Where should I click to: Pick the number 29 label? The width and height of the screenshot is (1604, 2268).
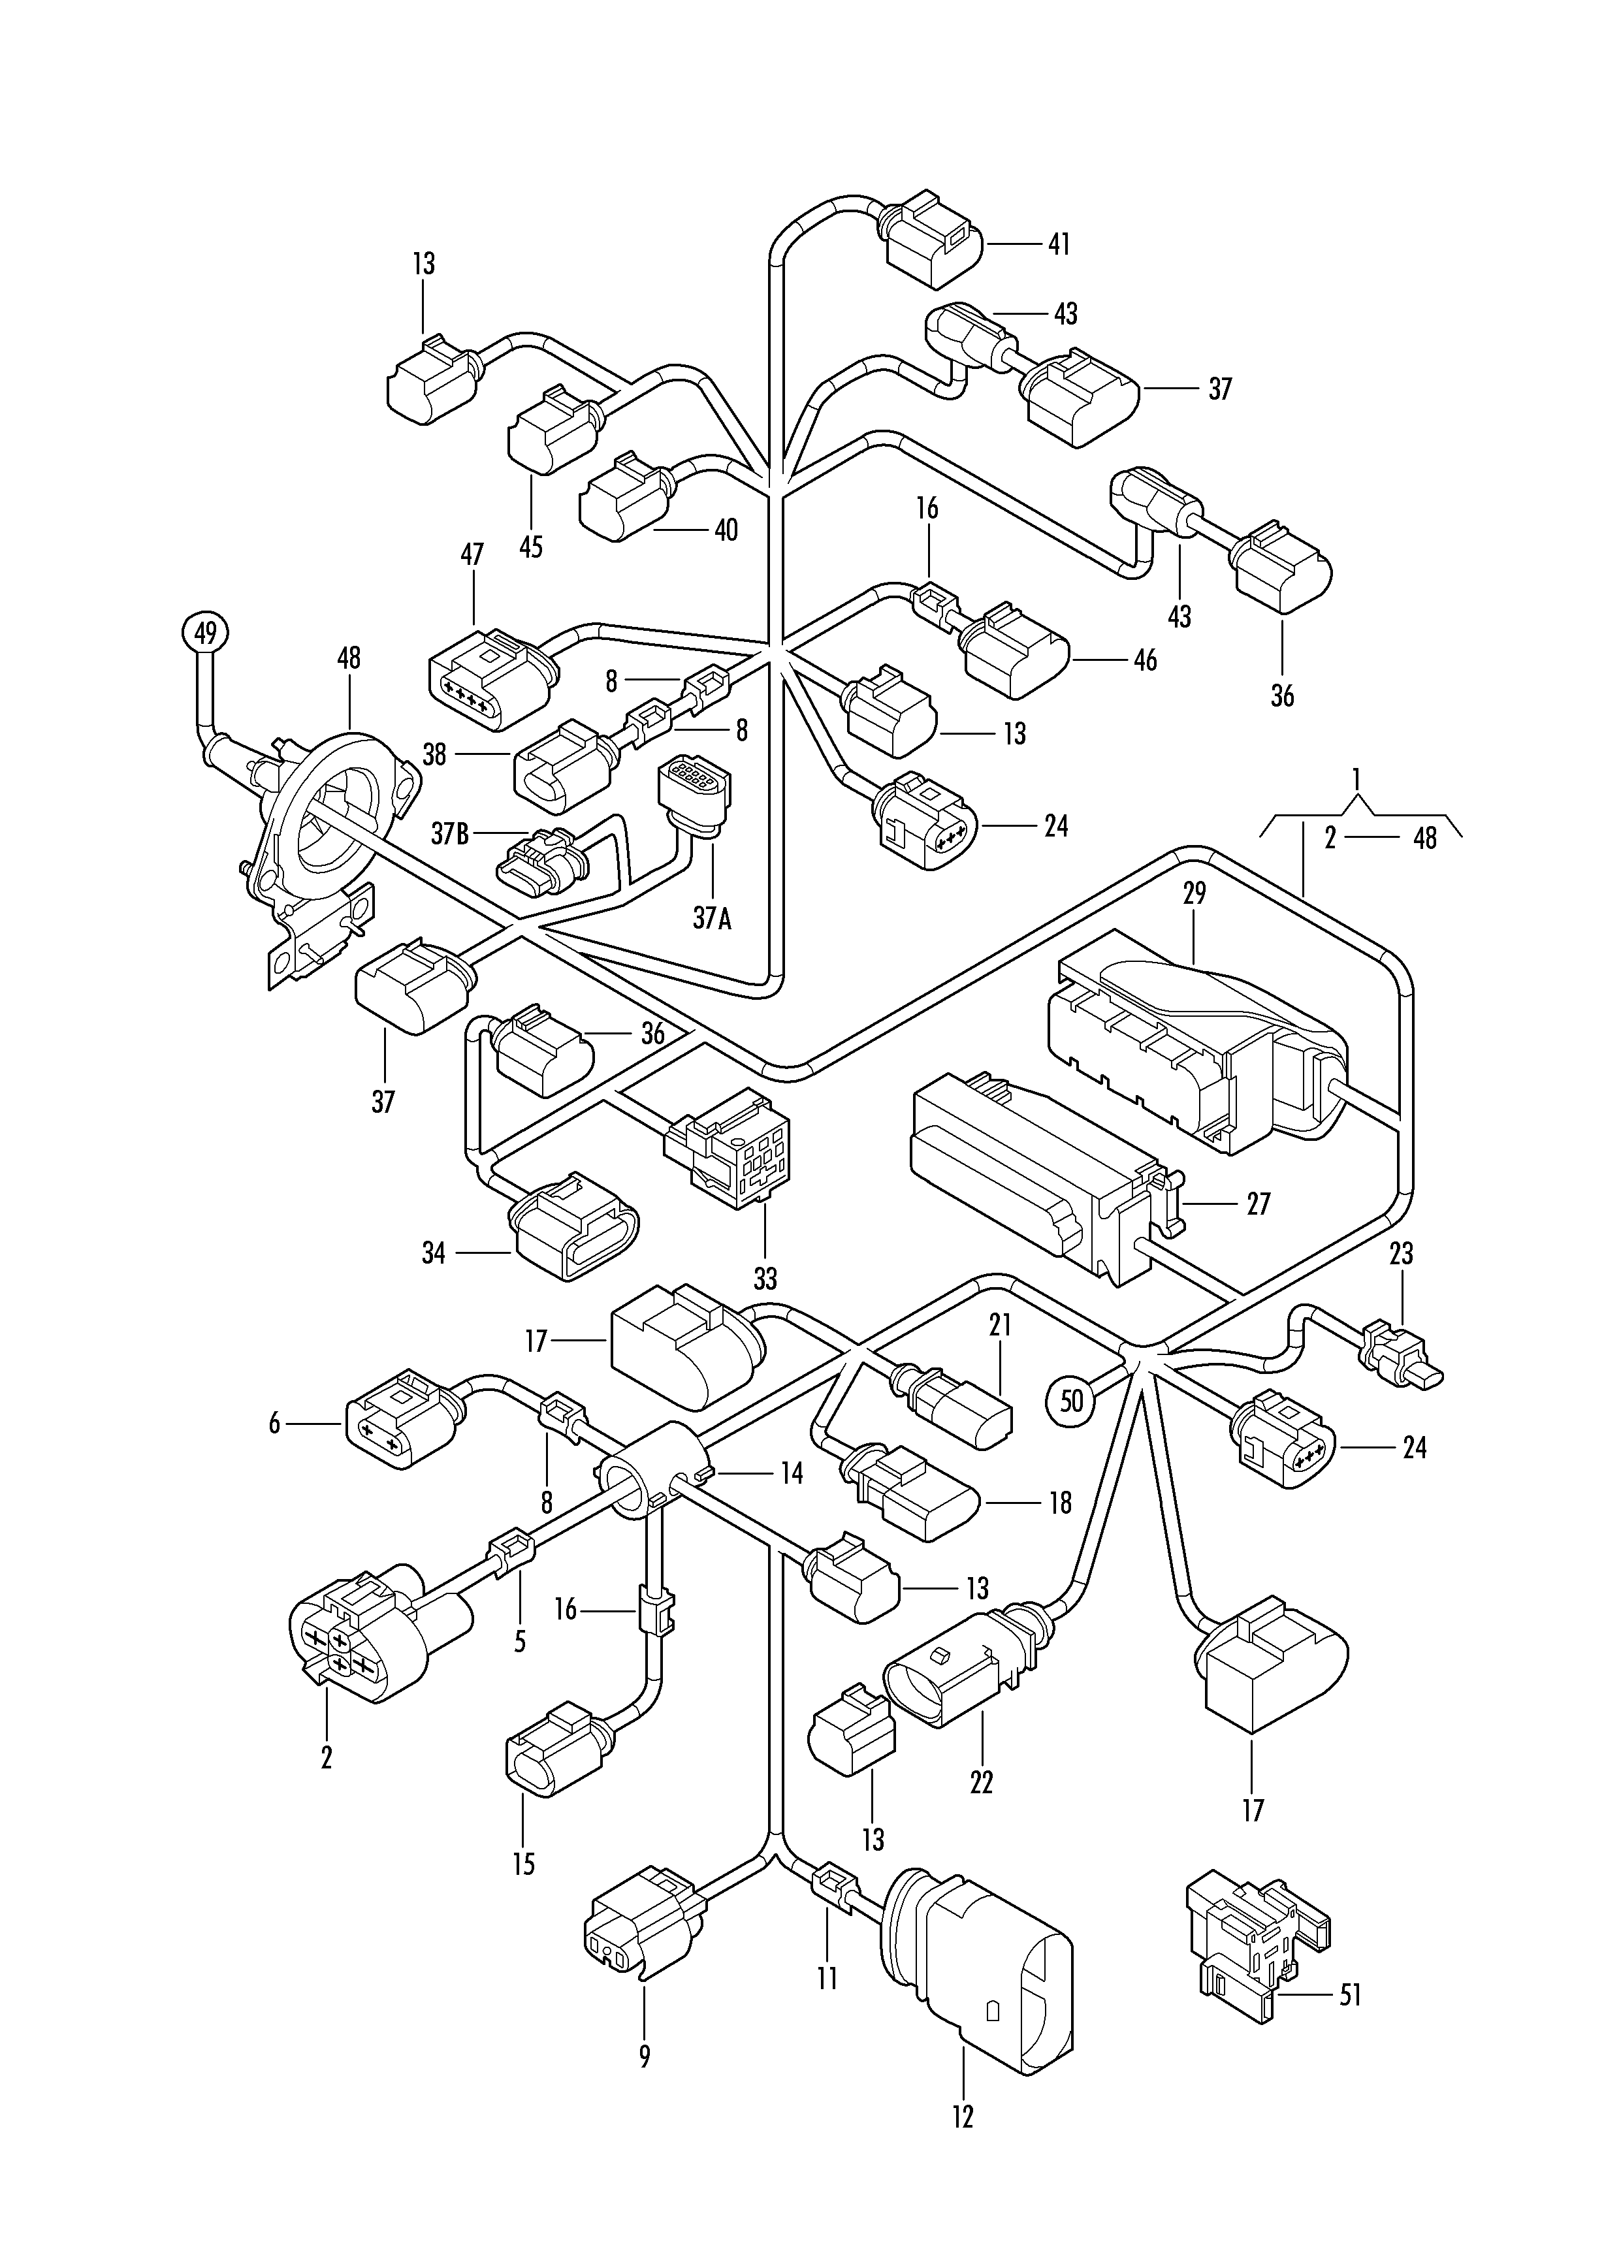click(1194, 894)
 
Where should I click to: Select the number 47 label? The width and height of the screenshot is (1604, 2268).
click(472, 554)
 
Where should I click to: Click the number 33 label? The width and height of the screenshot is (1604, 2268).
click(765, 1279)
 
